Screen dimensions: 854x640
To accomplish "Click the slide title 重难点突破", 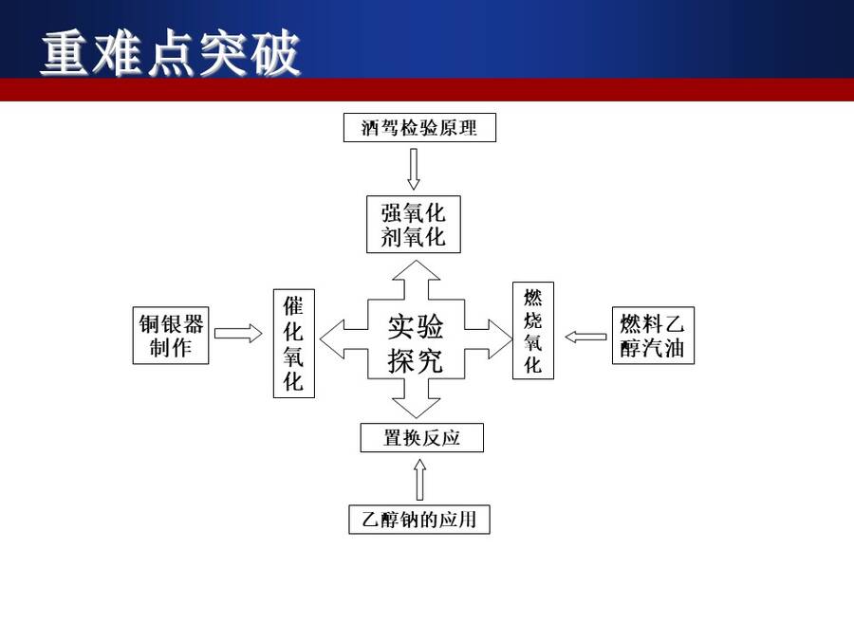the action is click(x=171, y=53).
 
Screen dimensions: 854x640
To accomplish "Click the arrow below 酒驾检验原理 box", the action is click(x=414, y=170).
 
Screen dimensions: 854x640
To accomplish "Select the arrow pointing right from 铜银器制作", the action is click(x=238, y=333).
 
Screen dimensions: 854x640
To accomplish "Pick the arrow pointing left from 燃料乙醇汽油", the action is click(x=585, y=337).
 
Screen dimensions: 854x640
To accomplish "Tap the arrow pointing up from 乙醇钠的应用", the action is click(x=419, y=479).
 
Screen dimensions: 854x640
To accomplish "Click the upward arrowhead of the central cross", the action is click(x=417, y=270).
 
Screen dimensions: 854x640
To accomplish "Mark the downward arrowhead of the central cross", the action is click(x=417, y=408).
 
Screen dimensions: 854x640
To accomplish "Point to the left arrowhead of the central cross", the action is click(x=332, y=339).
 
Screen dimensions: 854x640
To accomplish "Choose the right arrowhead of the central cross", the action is click(x=501, y=339).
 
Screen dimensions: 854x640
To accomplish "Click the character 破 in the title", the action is click(x=275, y=53).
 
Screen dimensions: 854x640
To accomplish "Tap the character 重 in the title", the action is click(x=65, y=53).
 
